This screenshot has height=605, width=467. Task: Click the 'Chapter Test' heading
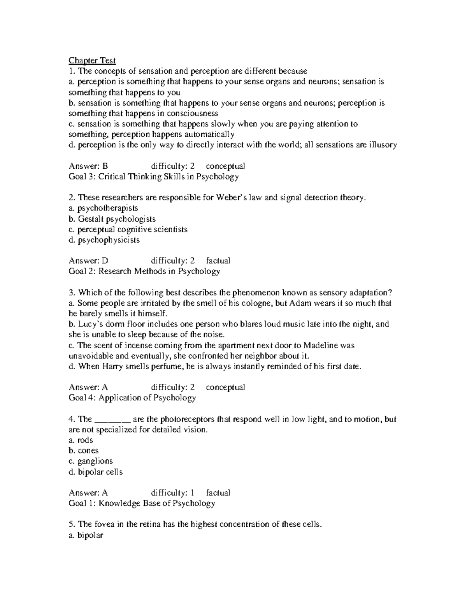[92, 60]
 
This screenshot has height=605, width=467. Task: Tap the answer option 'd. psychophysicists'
[104, 240]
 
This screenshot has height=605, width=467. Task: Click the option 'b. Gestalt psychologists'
[112, 219]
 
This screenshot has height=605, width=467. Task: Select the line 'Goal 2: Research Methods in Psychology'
[144, 271]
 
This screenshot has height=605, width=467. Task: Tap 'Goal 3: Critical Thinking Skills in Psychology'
[153, 177]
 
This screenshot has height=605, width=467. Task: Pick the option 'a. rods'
[81, 440]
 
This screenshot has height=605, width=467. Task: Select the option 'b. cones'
[83, 451]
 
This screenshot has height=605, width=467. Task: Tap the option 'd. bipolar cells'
[95, 472]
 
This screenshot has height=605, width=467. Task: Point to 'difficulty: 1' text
[172, 493]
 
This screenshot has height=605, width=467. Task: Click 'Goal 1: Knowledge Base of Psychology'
[142, 503]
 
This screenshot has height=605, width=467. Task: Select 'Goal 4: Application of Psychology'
[132, 398]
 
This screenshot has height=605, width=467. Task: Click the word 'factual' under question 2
[218, 261]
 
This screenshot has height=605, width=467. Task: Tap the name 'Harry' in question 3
[112, 366]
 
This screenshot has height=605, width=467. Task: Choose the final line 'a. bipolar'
[86, 535]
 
